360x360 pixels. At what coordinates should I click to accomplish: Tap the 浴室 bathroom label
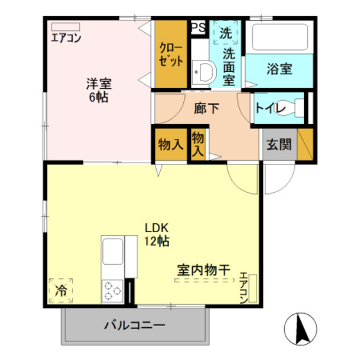pos(280,68)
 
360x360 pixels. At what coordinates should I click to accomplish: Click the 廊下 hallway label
pos(206,108)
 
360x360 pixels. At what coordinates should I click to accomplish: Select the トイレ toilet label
pos(271,108)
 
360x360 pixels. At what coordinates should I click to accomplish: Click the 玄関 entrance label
pos(278,144)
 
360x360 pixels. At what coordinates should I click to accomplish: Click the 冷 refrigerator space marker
pos(60,290)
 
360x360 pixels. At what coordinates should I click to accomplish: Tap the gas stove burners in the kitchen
pos(112,289)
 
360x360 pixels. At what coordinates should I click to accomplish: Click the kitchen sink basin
pos(113,251)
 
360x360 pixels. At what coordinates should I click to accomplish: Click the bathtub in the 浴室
pos(280,37)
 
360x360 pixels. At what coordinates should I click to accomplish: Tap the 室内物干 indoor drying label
pos(203,271)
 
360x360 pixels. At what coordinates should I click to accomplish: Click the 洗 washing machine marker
pos(226,32)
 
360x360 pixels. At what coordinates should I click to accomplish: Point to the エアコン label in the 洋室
pos(66,37)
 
